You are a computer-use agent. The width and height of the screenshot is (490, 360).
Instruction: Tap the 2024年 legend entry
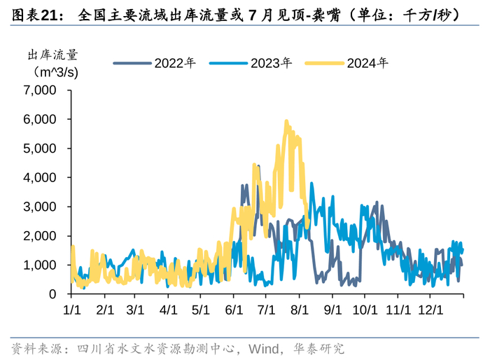coord(357,62)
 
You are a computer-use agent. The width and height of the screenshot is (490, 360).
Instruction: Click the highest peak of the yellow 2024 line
coord(286,121)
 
